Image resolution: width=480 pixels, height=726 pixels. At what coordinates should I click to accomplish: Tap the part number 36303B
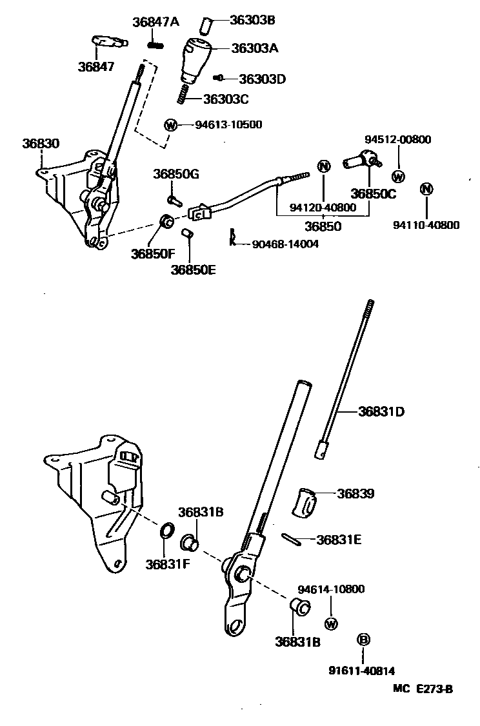(x=252, y=20)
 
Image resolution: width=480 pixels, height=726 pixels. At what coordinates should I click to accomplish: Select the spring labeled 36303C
(x=183, y=94)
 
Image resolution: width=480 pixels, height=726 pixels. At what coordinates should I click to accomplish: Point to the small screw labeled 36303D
(x=219, y=77)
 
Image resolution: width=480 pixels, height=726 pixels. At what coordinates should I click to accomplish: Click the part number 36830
(x=41, y=144)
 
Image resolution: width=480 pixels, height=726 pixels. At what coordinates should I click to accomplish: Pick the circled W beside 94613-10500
(x=171, y=125)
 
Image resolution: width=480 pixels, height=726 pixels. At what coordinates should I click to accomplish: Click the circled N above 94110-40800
(x=426, y=189)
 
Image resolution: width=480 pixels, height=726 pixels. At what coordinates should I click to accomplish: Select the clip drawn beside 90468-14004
(x=230, y=237)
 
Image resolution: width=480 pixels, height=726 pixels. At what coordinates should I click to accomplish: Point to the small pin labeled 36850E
(x=188, y=233)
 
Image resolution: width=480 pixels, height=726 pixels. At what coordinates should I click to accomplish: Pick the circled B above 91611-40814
(x=363, y=639)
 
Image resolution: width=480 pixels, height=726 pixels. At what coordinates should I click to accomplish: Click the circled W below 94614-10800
(x=331, y=623)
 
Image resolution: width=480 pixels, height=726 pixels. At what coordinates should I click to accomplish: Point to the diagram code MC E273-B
(x=423, y=688)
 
